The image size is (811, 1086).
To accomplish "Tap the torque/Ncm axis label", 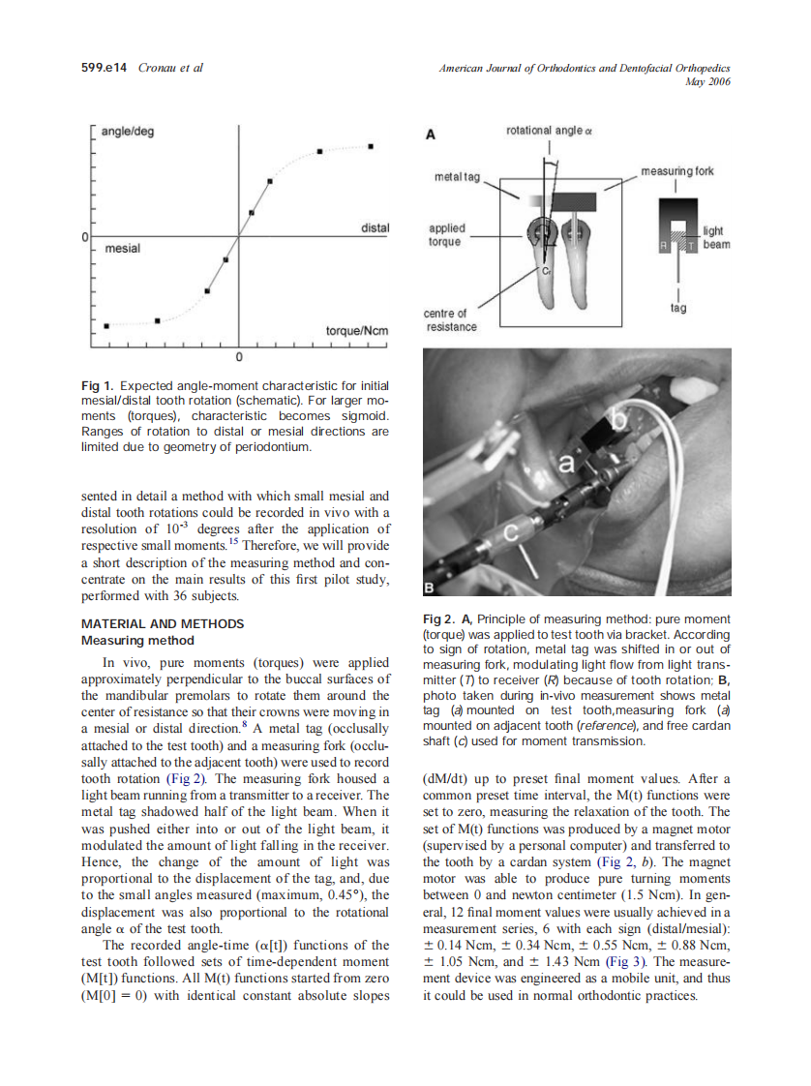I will pos(356,331).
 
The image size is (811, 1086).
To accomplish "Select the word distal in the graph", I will pos(375,227).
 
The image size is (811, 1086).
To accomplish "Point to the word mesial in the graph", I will pos(123,249).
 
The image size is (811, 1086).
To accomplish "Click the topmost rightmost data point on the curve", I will pos(372,146).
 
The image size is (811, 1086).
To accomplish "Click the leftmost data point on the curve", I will pos(106,325).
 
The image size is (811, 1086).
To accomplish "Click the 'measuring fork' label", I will pos(677,171).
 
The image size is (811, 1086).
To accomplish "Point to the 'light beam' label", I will pos(716,238).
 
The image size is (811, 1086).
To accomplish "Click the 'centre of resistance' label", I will pos(450,319).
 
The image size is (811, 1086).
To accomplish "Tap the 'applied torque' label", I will pos(445,235).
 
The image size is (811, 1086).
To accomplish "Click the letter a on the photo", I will pos(567,467).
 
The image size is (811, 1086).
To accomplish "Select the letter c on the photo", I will pos(513,532).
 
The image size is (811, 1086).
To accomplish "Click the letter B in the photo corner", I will pos(431,588).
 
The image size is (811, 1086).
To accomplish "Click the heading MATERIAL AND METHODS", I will pos(163,623).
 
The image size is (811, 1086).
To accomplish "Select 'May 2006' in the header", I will pos(706,82).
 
